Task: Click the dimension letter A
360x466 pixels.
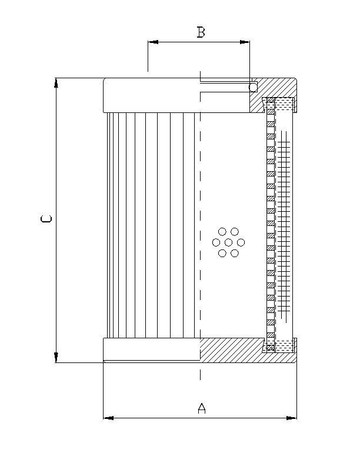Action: pyautogui.click(x=201, y=408)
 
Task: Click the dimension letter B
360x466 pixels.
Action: pyautogui.click(x=201, y=32)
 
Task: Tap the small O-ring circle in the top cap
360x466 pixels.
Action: pyautogui.click(x=253, y=87)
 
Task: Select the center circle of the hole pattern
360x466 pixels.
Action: pyautogui.click(x=228, y=242)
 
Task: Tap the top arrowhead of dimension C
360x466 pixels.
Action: pyautogui.click(x=56, y=83)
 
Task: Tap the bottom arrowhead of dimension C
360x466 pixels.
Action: pyautogui.click(x=56, y=357)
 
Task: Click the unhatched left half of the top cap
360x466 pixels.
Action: pyautogui.click(x=151, y=95)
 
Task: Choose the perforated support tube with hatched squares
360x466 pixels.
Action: pyautogui.click(x=271, y=224)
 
